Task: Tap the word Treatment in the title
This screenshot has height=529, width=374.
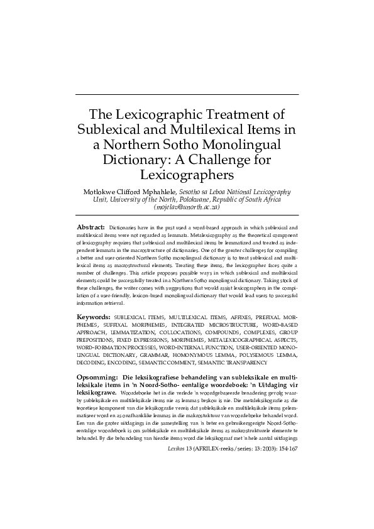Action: [x=245, y=116]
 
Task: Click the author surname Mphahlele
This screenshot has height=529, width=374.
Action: [x=158, y=191]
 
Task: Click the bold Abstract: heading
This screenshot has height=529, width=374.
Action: [x=90, y=226]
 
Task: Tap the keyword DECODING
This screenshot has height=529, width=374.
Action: [x=92, y=363]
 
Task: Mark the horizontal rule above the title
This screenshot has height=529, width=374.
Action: [x=187, y=95]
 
